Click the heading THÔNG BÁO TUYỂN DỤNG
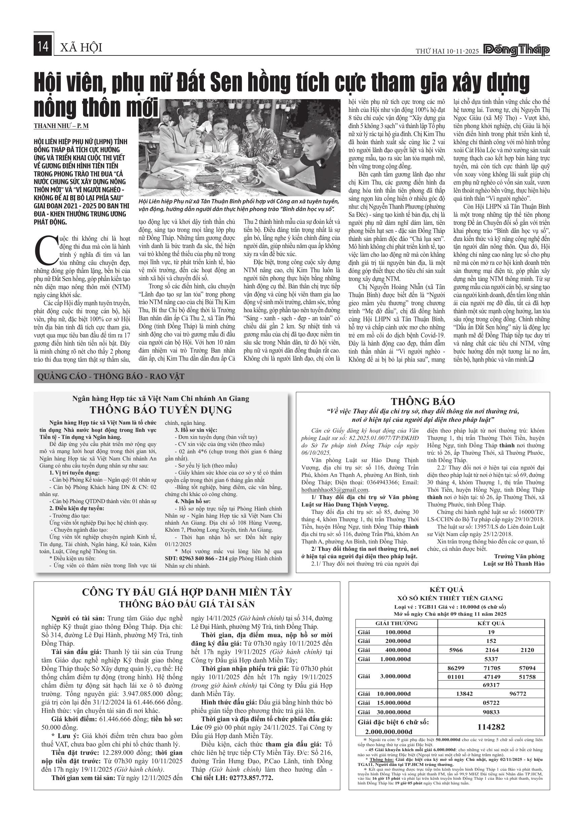[x=161, y=410]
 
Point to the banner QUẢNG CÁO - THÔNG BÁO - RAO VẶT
[x=111, y=376]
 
